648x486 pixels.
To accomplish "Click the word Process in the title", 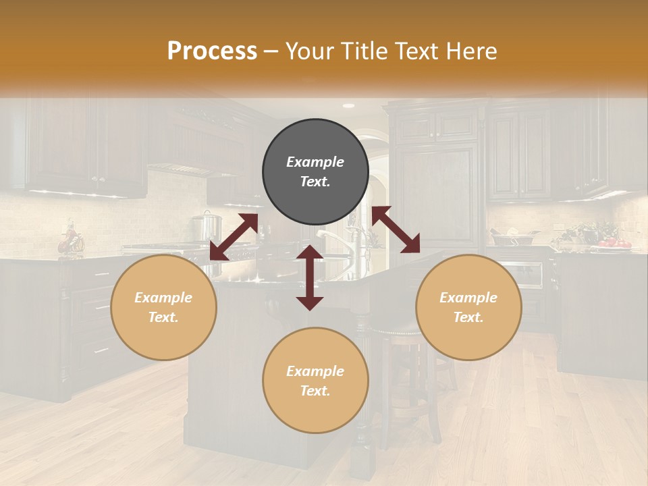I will (212, 51).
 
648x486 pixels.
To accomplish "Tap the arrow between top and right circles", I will (396, 230).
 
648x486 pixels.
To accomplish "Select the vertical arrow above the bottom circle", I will (310, 278).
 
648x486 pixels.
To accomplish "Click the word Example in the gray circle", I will (315, 162).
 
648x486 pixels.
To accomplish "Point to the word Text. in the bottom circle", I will (315, 391).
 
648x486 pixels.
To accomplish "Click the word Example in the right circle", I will (468, 298).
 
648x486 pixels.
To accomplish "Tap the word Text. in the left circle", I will (163, 317).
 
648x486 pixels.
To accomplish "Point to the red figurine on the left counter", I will (70, 240).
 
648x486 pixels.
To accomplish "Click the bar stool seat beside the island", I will (395, 329).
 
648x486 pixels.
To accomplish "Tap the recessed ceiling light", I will (348, 106).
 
